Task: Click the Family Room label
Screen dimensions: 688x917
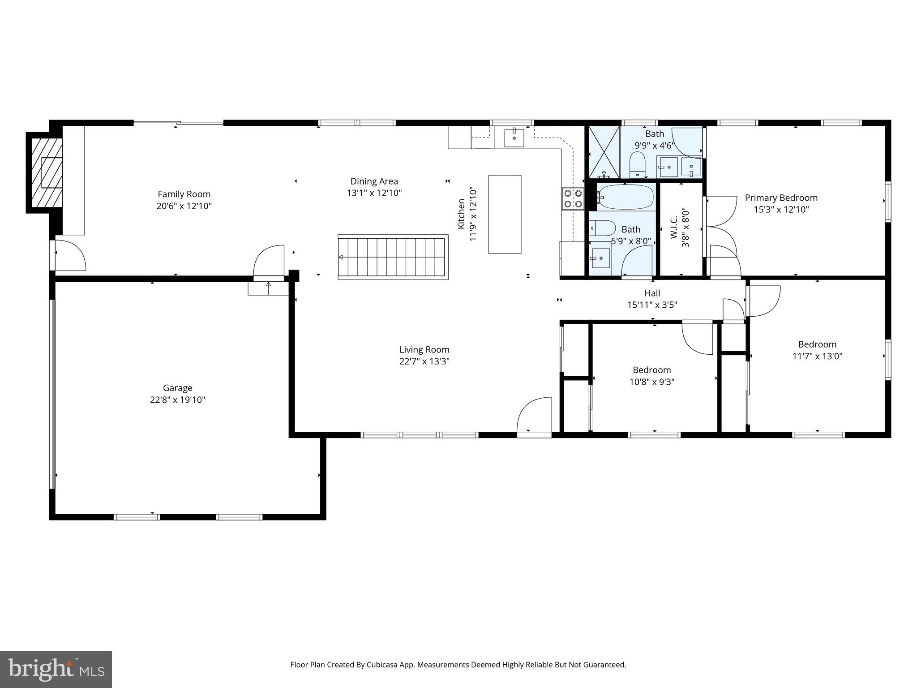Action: (184, 194)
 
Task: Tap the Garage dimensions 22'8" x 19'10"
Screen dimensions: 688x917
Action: (177, 400)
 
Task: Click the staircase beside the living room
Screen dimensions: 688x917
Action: (393, 257)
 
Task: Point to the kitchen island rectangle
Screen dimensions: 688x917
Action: (505, 214)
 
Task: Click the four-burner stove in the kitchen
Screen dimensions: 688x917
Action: (573, 199)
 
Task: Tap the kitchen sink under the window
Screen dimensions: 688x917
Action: (514, 138)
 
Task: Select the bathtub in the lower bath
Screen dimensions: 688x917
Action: (626, 197)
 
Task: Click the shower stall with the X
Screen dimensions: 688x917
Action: (604, 152)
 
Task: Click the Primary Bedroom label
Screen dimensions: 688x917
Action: (781, 198)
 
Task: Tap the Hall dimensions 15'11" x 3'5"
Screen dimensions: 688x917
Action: (652, 305)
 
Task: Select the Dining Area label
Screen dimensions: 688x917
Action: (374, 181)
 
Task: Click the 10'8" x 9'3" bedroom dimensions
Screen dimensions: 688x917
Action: (651, 382)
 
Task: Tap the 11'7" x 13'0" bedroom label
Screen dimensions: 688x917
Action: (817, 344)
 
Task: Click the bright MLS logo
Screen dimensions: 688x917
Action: (56, 669)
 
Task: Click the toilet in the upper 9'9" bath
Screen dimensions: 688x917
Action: (637, 164)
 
